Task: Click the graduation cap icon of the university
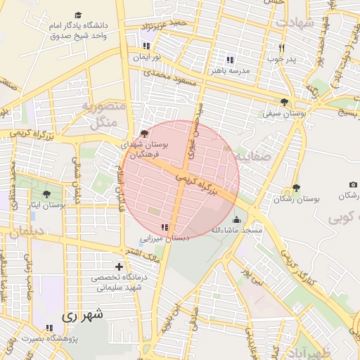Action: pos(77,15)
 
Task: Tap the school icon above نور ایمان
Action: pos(145,46)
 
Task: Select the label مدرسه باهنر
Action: pos(229,70)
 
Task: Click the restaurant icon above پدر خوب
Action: pos(281,48)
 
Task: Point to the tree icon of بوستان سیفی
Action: pos(284,101)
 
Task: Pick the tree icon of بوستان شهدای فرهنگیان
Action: pos(144,133)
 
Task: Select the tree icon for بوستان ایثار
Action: pos(46,194)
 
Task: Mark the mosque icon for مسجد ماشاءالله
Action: pos(236,219)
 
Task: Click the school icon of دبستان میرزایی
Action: pos(164,227)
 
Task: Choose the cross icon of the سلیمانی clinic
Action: pos(119,266)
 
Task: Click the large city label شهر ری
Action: pos(83,316)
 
